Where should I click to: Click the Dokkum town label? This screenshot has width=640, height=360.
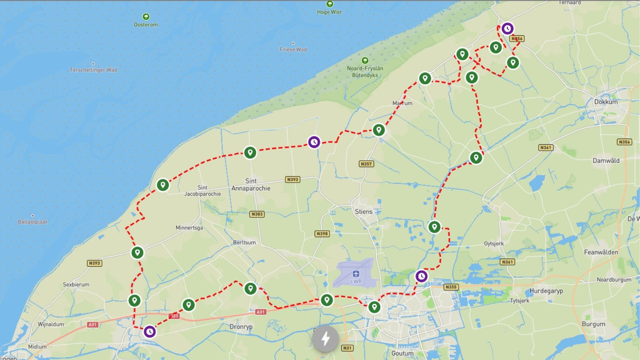click(x=605, y=102)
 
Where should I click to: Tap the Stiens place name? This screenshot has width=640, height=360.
click(x=364, y=212)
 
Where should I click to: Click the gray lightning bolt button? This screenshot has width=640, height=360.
click(x=326, y=339)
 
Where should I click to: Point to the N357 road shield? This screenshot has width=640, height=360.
click(x=367, y=164)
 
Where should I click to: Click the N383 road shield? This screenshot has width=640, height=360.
click(x=257, y=214)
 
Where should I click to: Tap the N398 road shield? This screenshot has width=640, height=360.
click(x=322, y=234)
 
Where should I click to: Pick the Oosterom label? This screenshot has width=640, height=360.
click(x=146, y=25)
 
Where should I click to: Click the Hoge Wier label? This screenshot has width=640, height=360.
click(x=330, y=12)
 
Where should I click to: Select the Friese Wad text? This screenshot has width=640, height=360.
click(x=293, y=50)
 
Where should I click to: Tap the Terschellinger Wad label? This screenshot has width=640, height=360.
click(x=93, y=70)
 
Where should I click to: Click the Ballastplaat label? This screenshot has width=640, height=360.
click(x=33, y=222)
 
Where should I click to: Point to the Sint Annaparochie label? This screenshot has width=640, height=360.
click(x=251, y=185)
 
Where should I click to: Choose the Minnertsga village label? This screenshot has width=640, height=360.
click(x=189, y=228)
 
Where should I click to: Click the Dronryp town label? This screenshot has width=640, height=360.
click(x=240, y=327)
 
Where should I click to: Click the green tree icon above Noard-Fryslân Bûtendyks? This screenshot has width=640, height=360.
click(x=365, y=60)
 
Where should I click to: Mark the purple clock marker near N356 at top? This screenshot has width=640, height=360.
click(x=507, y=29)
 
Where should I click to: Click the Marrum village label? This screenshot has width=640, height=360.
click(x=402, y=103)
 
